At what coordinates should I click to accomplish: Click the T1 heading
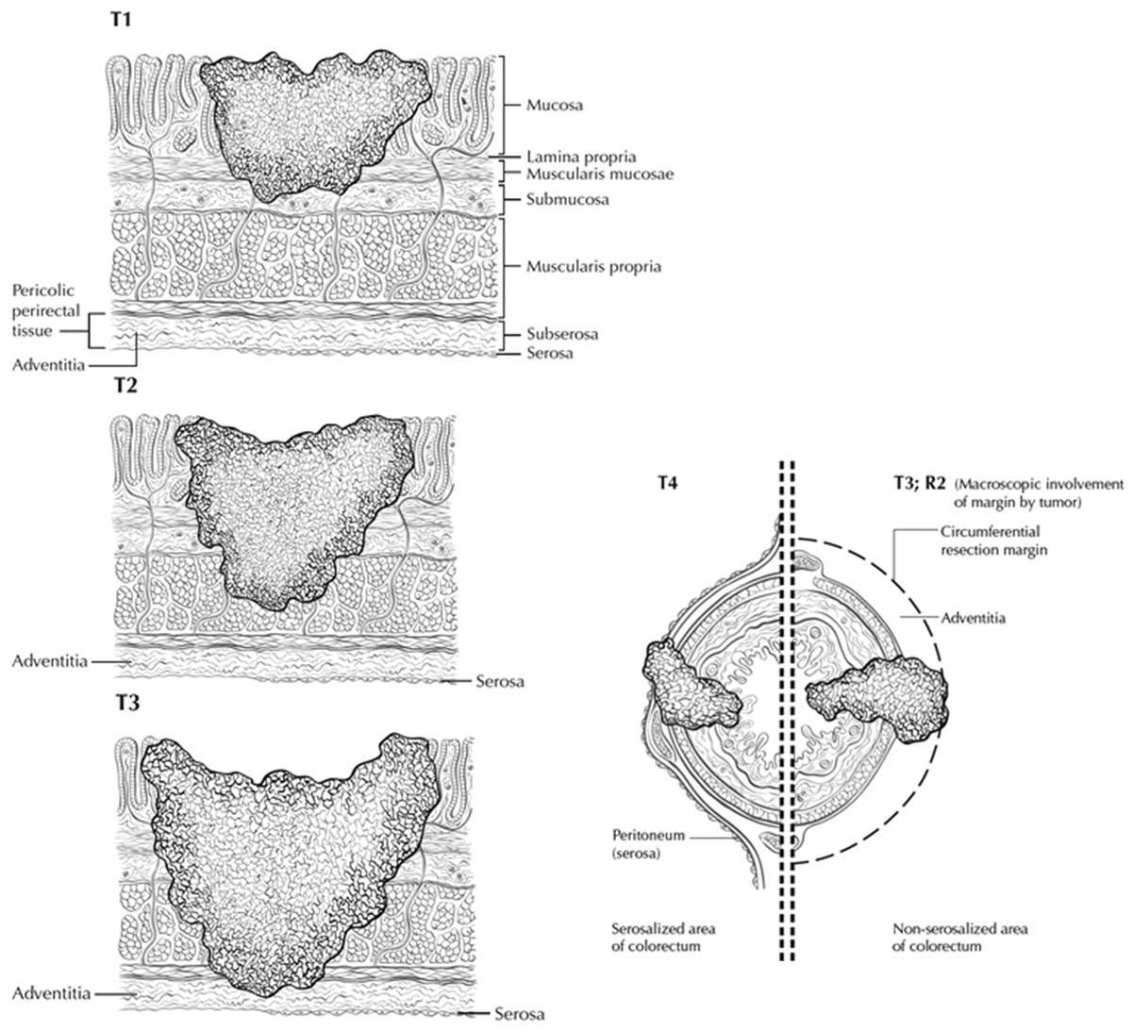click(122, 22)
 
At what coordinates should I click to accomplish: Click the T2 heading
click(125, 386)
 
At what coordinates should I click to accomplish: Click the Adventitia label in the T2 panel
click(52, 661)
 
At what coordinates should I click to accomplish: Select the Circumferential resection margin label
click(993, 540)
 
